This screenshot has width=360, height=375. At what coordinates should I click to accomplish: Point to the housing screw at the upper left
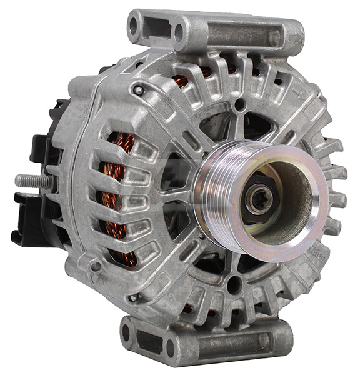[x=139, y=90]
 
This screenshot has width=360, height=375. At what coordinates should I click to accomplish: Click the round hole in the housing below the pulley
[x=234, y=284]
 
